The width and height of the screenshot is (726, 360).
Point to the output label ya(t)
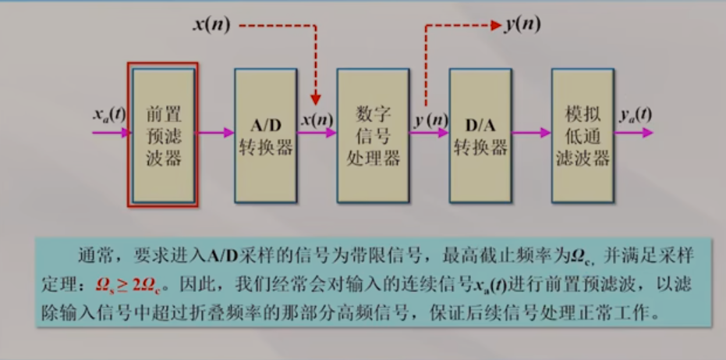pyautogui.click(x=636, y=115)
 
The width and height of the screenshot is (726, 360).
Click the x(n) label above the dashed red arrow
pyautogui.click(x=211, y=24)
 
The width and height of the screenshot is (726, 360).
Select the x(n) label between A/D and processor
pyautogui.click(x=317, y=119)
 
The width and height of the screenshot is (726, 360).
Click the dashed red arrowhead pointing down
pyautogui.click(x=317, y=98)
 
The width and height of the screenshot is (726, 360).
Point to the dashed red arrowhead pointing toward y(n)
pyautogui.click(x=495, y=25)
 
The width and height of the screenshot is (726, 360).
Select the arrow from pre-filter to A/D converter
pyautogui.click(x=215, y=133)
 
